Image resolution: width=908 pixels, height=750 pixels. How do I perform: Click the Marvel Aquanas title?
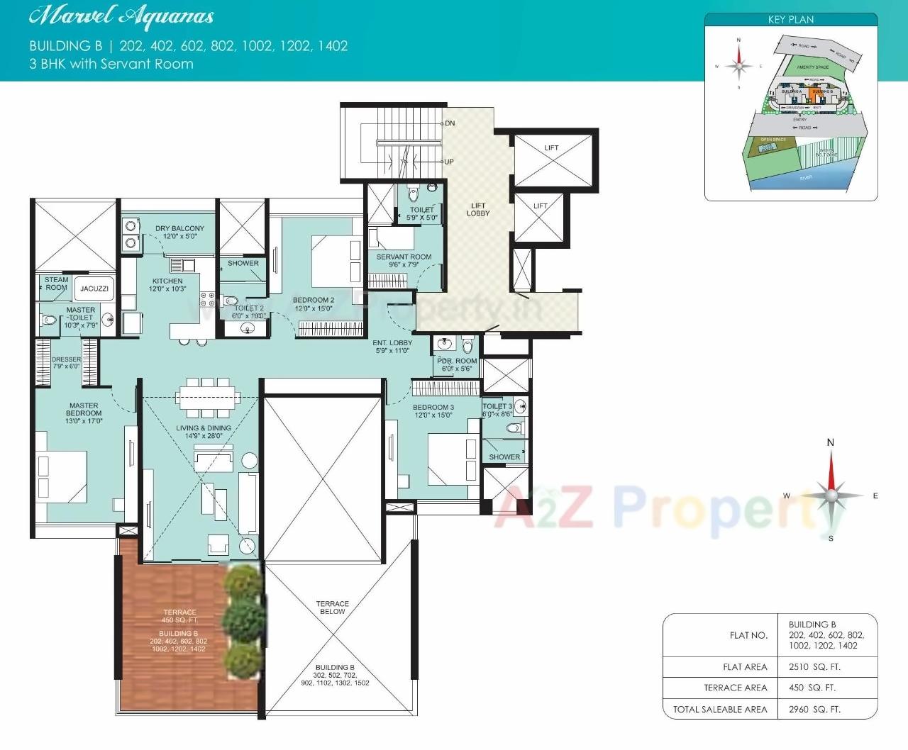tap(121, 16)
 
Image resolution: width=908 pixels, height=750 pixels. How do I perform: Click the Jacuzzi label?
tap(94, 289)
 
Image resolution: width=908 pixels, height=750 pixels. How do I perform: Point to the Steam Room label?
tap(57, 284)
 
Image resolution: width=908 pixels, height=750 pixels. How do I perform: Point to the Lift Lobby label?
tap(478, 209)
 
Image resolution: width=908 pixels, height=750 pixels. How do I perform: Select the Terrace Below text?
tap(332, 608)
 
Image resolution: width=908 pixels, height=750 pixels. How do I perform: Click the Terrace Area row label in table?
tap(735, 688)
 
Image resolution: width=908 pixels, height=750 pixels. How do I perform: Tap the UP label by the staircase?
tap(449, 162)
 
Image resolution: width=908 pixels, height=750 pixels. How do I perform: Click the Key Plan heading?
tap(791, 20)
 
